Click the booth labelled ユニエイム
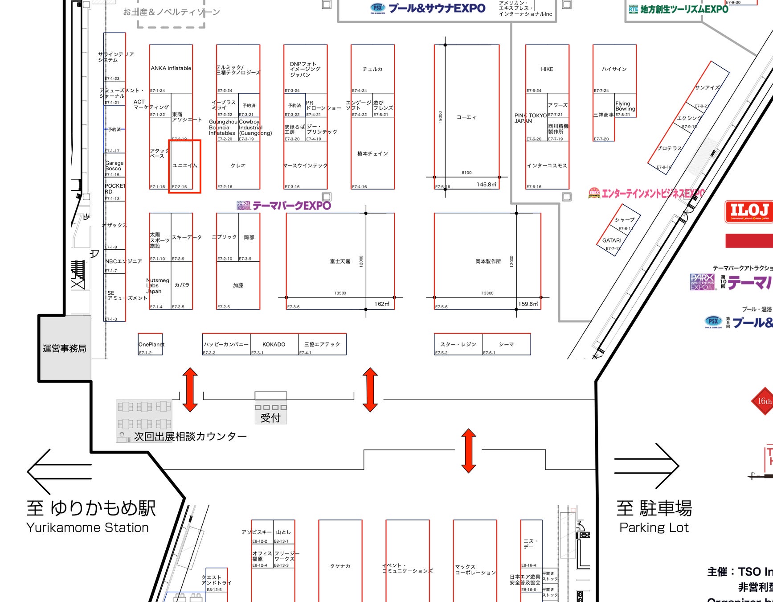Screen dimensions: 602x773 [x=184, y=165]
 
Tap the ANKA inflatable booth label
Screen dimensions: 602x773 [x=171, y=68]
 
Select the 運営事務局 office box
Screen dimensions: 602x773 [x=65, y=348]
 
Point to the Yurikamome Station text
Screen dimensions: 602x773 [x=87, y=528]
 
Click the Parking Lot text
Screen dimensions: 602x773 [x=654, y=528]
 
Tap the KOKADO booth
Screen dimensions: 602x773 [x=274, y=344]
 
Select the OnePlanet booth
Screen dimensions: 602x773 [x=151, y=344]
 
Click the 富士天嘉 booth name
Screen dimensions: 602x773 [x=340, y=261]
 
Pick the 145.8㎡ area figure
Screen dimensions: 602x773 [x=486, y=184]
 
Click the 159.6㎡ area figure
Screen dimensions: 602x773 [x=528, y=304]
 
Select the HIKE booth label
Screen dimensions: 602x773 [x=547, y=69]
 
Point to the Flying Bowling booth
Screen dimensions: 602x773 [x=625, y=106]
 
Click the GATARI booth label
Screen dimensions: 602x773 [x=611, y=240]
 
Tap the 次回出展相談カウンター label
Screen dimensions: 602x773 [x=190, y=436]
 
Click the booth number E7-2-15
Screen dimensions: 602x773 [x=179, y=187]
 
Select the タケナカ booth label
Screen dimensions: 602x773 [x=340, y=566]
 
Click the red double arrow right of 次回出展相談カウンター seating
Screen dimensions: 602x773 [x=190, y=389]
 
